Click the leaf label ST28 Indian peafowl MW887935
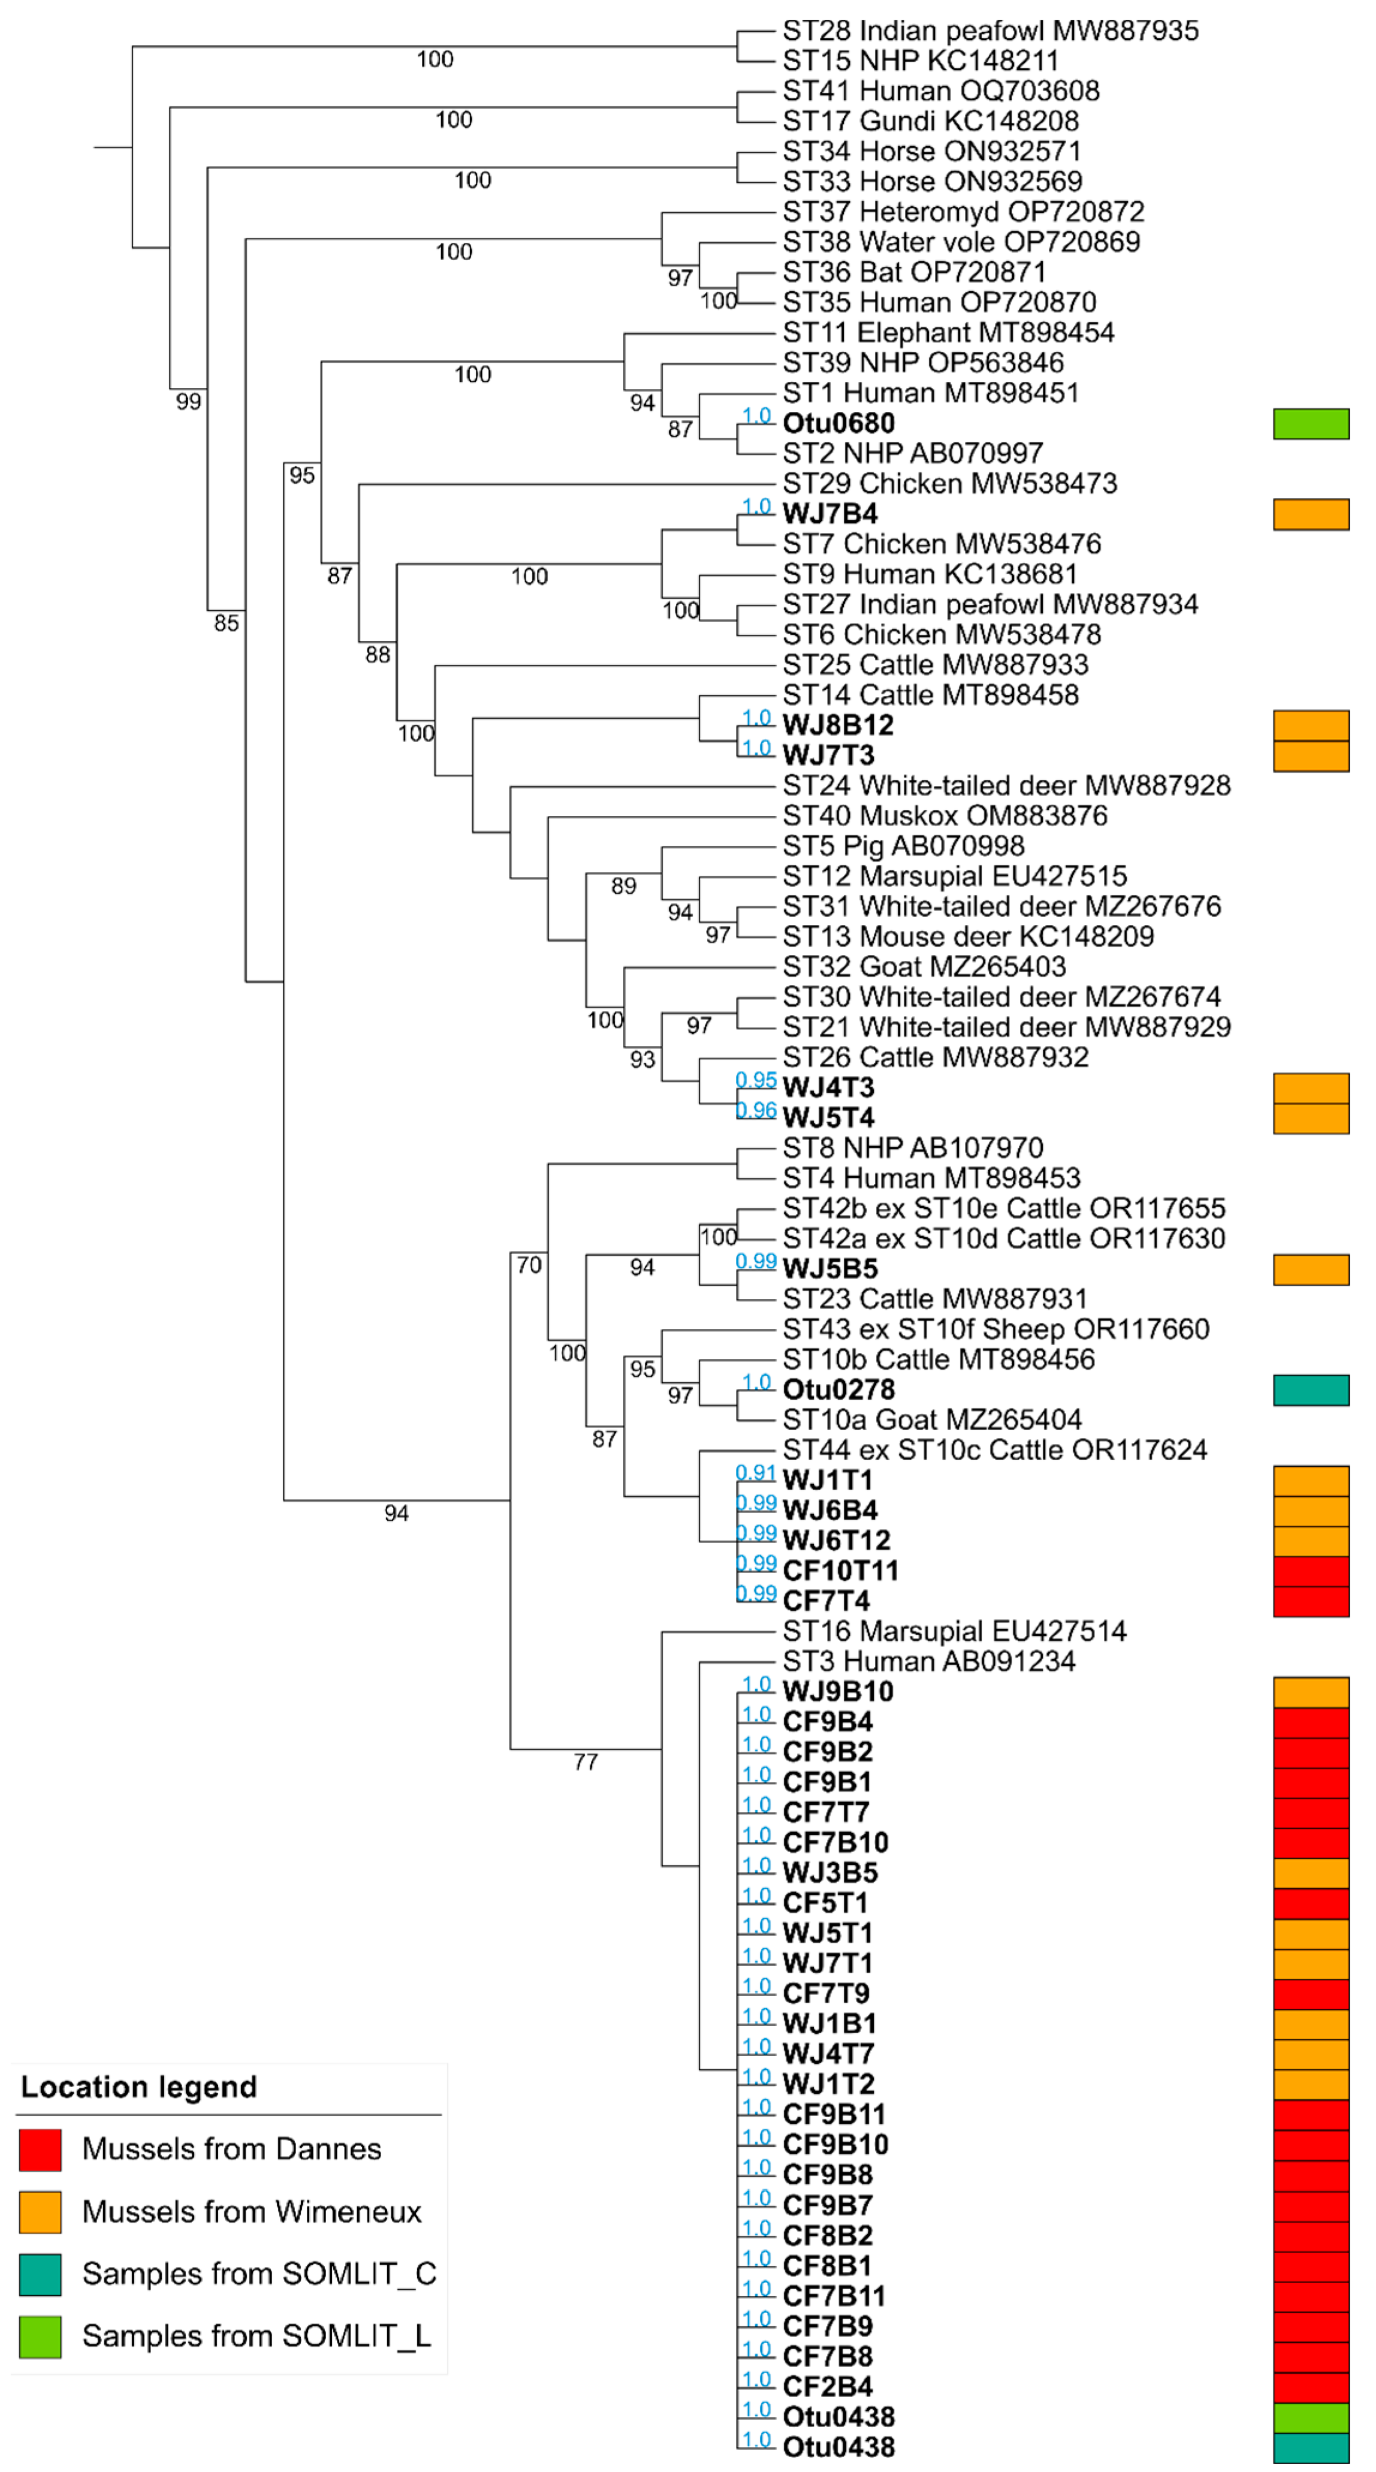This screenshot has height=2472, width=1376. point(989,31)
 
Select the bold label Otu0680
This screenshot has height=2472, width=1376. point(838,423)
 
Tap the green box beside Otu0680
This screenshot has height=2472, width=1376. point(1310,423)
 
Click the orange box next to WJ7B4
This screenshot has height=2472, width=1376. point(1310,514)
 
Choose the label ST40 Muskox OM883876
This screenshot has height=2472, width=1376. point(944,816)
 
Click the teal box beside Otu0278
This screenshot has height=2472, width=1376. point(1310,1389)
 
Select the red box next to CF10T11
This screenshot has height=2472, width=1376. point(1310,1571)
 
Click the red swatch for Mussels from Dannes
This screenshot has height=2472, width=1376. point(40,2150)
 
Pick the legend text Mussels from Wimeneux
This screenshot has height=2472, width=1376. point(251,2212)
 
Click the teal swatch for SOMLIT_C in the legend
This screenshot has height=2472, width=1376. point(40,2274)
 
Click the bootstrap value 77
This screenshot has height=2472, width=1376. point(586,1762)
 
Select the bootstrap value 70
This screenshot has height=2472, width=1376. point(529,1265)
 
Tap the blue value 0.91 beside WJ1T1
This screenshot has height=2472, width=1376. point(755,1473)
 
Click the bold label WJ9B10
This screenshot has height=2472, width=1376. point(838,1692)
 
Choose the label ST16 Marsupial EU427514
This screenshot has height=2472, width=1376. point(954,1632)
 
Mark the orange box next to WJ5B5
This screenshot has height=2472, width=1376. point(1310,1268)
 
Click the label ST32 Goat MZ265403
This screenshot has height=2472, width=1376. point(924,966)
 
